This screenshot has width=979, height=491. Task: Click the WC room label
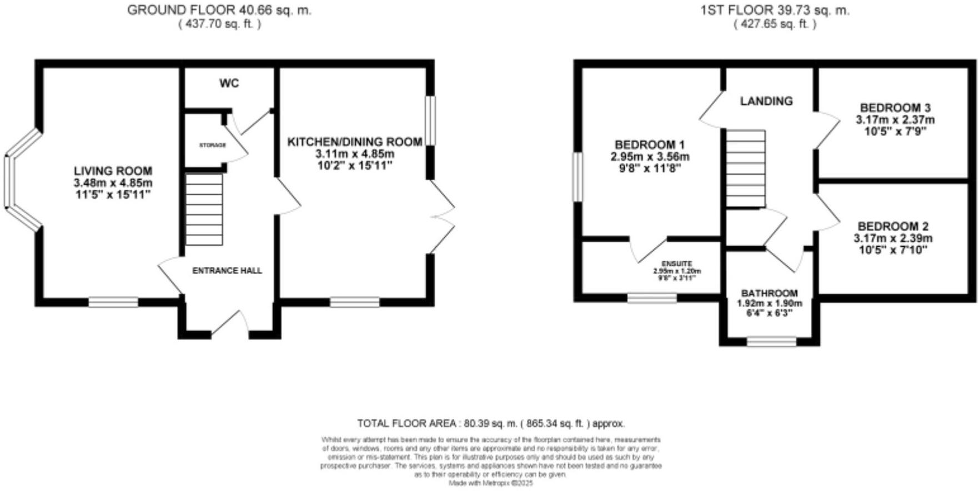click(229, 83)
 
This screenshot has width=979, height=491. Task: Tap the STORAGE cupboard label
click(213, 145)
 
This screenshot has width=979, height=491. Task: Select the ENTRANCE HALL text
click(227, 271)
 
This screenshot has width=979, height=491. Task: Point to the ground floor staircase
click(204, 209)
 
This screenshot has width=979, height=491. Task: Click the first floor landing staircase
click(746, 169)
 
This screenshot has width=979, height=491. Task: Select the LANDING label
click(766, 101)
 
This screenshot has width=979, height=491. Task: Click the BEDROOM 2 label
click(893, 226)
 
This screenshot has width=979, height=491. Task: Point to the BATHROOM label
click(769, 293)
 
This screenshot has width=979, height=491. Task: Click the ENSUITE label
click(677, 264)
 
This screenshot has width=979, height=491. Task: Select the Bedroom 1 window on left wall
click(578, 177)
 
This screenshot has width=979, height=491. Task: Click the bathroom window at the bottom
click(771, 341)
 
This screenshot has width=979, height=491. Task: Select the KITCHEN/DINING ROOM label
click(354, 142)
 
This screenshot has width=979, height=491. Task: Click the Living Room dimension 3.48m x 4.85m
click(113, 183)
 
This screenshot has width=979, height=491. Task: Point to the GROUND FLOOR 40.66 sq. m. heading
click(219, 10)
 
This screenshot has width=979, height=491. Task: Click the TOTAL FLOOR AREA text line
click(491, 423)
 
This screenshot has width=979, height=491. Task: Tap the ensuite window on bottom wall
click(652, 298)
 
